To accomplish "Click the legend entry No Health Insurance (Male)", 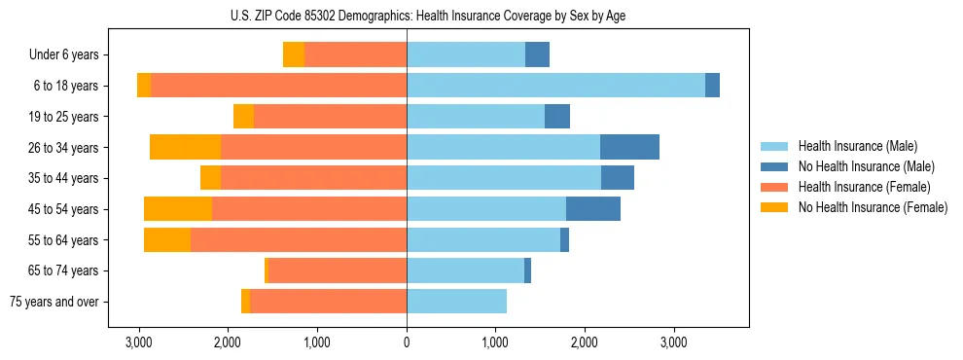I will tap(866, 166).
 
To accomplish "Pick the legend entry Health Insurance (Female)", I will tap(859, 187).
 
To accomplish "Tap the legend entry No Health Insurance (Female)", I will tap(873, 207).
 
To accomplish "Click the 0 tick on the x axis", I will tap(407, 342).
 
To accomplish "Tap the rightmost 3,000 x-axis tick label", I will tap(674, 342).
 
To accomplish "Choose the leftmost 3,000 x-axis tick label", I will tap(139, 342).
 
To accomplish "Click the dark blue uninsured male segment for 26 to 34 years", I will tap(629, 147).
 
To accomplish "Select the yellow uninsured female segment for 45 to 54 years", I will tap(178, 209).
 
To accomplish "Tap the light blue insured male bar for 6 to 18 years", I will tap(555, 86).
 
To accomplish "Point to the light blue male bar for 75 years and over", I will tap(456, 302).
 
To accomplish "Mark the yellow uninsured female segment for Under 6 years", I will tap(294, 55).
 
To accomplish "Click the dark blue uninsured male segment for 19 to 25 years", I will tap(557, 117).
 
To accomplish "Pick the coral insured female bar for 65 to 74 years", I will tap(337, 270).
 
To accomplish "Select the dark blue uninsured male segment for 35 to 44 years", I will tap(618, 178).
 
